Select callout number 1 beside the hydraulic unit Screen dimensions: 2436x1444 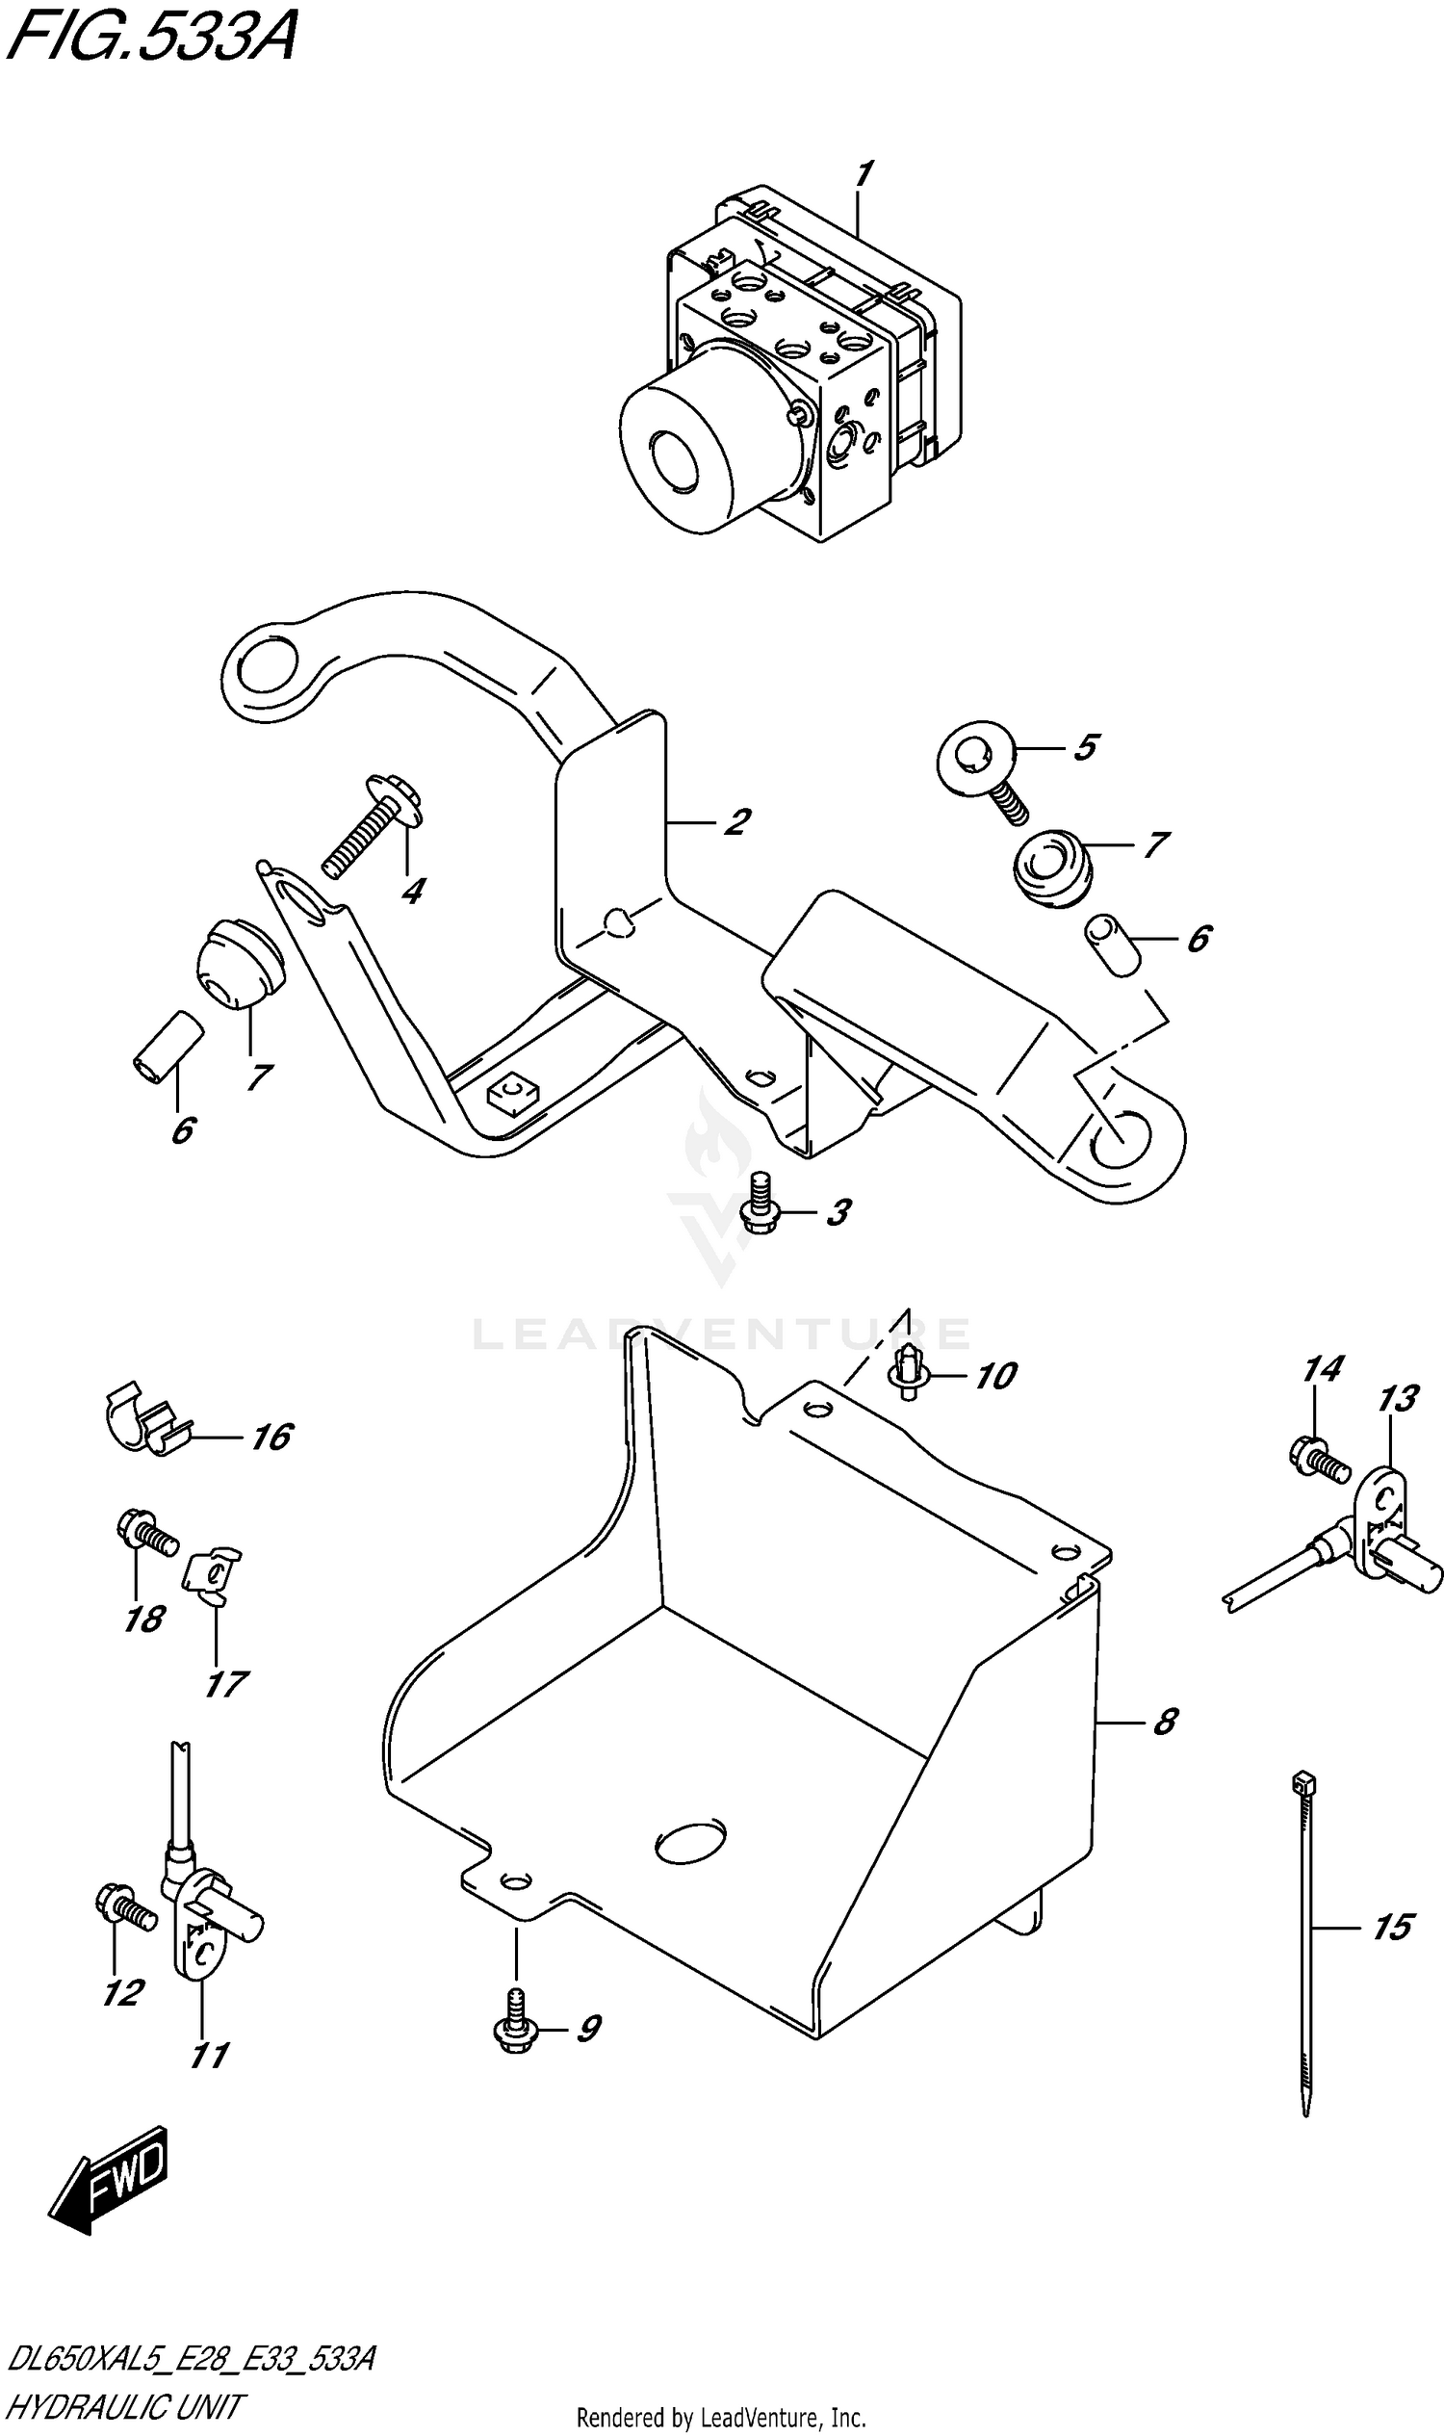point(863,174)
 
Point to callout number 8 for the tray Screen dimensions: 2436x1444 point(1165,1722)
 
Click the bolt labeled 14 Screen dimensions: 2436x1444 point(1317,1458)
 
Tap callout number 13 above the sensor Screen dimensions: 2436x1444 point(1397,1401)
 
